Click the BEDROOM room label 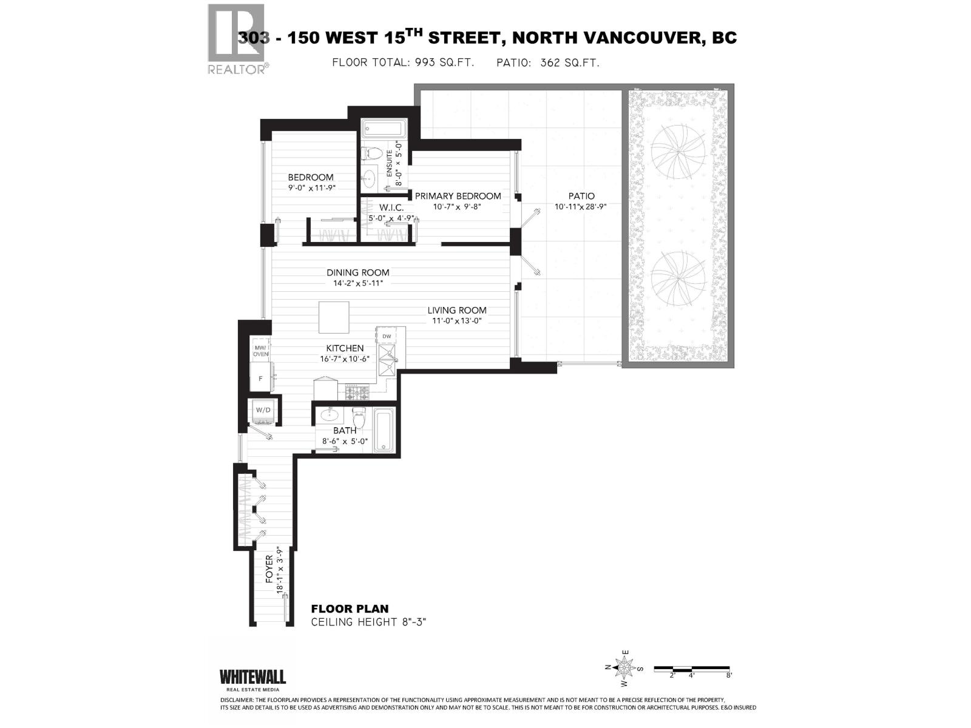(x=310, y=177)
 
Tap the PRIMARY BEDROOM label (x=458, y=196)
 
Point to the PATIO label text (x=581, y=196)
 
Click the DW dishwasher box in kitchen (x=387, y=336)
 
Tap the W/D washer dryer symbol (x=264, y=410)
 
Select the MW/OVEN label (x=261, y=351)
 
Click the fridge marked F (x=262, y=377)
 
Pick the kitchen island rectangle (x=334, y=318)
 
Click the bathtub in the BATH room (x=384, y=430)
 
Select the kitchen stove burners (x=358, y=393)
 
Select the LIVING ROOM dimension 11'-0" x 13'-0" (x=456, y=321)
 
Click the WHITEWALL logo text (x=252, y=676)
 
